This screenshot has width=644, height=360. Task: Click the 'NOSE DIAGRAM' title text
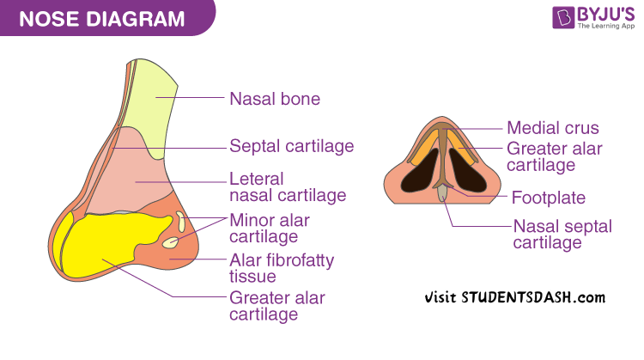tap(100, 18)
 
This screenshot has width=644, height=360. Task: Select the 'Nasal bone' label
tap(274, 99)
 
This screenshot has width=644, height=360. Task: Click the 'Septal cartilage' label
tap(291, 146)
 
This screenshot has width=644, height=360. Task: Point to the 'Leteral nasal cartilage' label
tap(287, 187)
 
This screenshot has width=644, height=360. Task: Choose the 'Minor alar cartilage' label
tap(269, 228)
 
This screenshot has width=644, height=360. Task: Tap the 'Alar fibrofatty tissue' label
tap(281, 267)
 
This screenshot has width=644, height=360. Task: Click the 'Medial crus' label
tap(552, 128)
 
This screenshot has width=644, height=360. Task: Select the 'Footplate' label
tap(548, 198)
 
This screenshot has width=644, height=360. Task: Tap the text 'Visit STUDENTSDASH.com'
tap(515, 297)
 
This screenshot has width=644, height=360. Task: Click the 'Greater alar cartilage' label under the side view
tap(276, 306)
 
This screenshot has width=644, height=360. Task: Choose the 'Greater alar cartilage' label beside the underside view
tap(554, 156)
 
